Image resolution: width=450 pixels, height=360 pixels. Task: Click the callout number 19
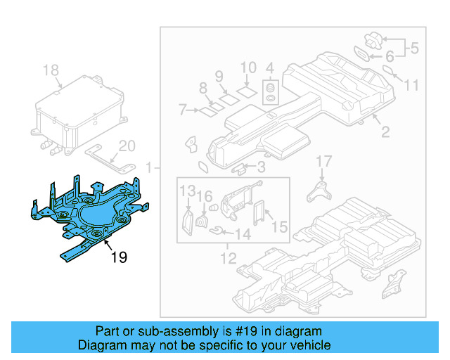pyautogui.click(x=119, y=258)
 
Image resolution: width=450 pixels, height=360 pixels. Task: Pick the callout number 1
pyautogui.click(x=148, y=167)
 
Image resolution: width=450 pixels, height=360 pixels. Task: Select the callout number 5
pyautogui.click(x=414, y=49)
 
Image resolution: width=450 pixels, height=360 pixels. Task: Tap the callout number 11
pyautogui.click(x=411, y=85)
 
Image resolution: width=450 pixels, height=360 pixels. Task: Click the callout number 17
pyautogui.click(x=322, y=162)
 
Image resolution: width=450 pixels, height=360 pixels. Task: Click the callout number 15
pyautogui.click(x=279, y=227)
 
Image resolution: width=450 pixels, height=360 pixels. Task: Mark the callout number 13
pyautogui.click(x=186, y=191)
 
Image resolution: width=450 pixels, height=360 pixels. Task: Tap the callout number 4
pyautogui.click(x=269, y=68)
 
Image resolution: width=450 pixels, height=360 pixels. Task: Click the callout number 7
pyautogui.click(x=182, y=110)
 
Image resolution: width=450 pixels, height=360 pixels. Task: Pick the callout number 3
pyautogui.click(x=260, y=167)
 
